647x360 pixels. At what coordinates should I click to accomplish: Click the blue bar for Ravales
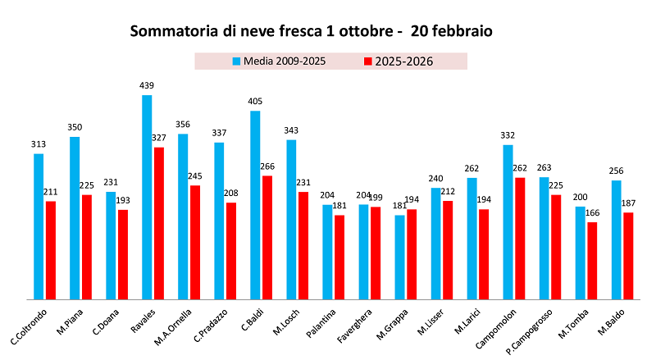[147, 197]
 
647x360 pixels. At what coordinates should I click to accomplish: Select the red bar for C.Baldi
[267, 237]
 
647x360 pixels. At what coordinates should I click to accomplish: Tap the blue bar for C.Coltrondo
[39, 226]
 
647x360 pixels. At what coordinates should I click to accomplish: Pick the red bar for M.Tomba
[592, 260]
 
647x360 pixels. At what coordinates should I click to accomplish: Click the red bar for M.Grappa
[412, 254]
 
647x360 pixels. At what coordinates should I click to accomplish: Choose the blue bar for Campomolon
[508, 221]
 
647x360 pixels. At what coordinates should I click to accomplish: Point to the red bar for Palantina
[339, 257]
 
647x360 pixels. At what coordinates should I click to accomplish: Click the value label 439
[147, 85]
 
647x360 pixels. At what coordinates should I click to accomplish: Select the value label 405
[255, 102]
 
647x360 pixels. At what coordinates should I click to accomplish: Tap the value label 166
[593, 213]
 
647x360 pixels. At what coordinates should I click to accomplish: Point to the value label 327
[159, 138]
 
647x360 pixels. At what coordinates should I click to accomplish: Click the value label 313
[39, 144]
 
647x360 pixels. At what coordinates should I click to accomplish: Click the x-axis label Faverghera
[353, 326]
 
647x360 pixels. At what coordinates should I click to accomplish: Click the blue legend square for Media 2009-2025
[235, 62]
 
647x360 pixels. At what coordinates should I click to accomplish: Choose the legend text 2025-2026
[404, 62]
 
